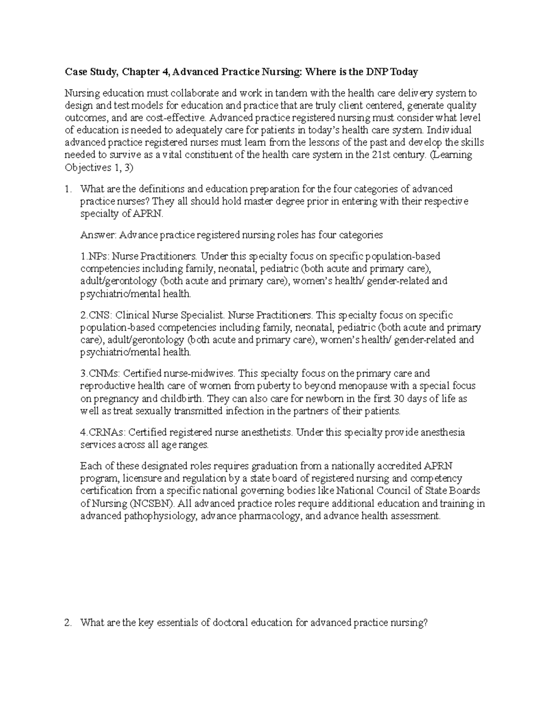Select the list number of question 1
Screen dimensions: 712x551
click(68, 189)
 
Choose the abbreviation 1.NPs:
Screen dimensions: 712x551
click(95, 256)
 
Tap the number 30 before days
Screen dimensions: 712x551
click(399, 398)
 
